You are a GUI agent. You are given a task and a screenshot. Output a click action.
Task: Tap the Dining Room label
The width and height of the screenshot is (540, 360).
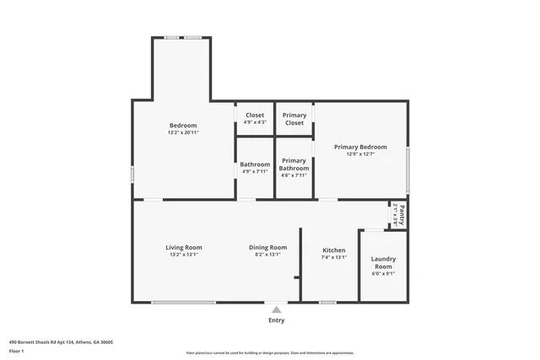[x=267, y=247]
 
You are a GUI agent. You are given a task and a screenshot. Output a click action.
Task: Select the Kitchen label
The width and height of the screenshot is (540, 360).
[x=334, y=250]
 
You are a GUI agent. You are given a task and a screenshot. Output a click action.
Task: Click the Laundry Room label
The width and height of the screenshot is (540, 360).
[x=383, y=262]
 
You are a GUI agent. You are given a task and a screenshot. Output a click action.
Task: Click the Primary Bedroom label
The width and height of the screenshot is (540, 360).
[x=360, y=147]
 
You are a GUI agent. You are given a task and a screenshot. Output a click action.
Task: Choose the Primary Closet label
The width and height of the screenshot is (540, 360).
[x=294, y=119]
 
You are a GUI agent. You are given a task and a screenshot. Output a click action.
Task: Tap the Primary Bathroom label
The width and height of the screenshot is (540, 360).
[x=294, y=164]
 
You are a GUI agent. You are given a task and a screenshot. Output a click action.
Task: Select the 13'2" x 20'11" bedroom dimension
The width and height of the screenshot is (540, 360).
[x=182, y=132]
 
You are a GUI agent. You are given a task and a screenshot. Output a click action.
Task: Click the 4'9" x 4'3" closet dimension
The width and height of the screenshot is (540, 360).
[x=255, y=122]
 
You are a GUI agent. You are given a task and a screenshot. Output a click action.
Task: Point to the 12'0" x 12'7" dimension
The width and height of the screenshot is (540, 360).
[x=360, y=154]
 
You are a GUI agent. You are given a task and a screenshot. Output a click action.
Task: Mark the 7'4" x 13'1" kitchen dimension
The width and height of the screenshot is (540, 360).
[x=334, y=258]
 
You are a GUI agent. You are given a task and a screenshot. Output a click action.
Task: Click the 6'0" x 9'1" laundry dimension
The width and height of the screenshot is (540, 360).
[x=383, y=273]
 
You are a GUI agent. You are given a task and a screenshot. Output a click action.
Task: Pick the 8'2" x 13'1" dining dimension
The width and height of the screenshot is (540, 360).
[x=267, y=255]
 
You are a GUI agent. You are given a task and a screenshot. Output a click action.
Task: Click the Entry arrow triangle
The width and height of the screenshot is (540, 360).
[x=276, y=309]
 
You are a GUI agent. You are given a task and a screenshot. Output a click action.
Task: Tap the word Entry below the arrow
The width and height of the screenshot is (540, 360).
[x=276, y=320]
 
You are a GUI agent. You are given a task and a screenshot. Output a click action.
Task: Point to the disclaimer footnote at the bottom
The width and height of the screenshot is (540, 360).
[x=269, y=353]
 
